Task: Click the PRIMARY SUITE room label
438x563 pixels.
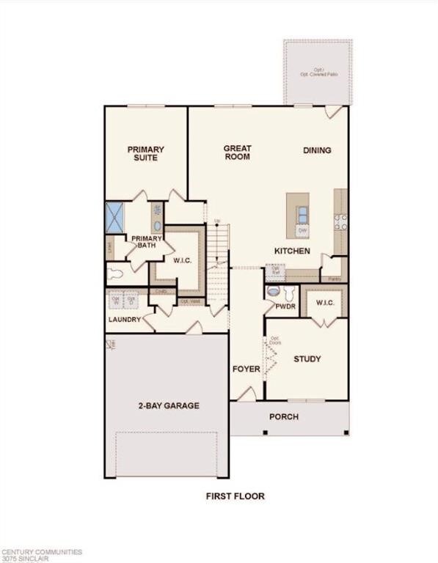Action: (145, 153)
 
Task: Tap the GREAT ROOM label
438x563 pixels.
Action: (237, 152)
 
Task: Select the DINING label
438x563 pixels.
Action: (317, 150)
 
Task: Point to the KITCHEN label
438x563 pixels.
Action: (292, 251)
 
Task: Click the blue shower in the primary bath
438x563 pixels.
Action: (115, 216)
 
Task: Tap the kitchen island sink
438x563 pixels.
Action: (302, 214)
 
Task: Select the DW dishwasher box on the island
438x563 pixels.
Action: (302, 231)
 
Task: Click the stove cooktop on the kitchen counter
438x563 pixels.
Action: (341, 221)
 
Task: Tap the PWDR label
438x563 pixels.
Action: (285, 306)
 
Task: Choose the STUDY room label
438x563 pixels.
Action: (307, 358)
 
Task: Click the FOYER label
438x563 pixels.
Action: (246, 369)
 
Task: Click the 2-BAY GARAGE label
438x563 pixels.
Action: (169, 405)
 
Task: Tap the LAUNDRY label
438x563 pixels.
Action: (124, 320)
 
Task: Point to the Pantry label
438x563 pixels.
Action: (334, 279)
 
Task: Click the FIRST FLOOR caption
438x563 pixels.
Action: (235, 496)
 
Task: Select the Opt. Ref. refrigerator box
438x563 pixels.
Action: (277, 270)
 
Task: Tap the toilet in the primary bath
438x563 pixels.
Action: (115, 276)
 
